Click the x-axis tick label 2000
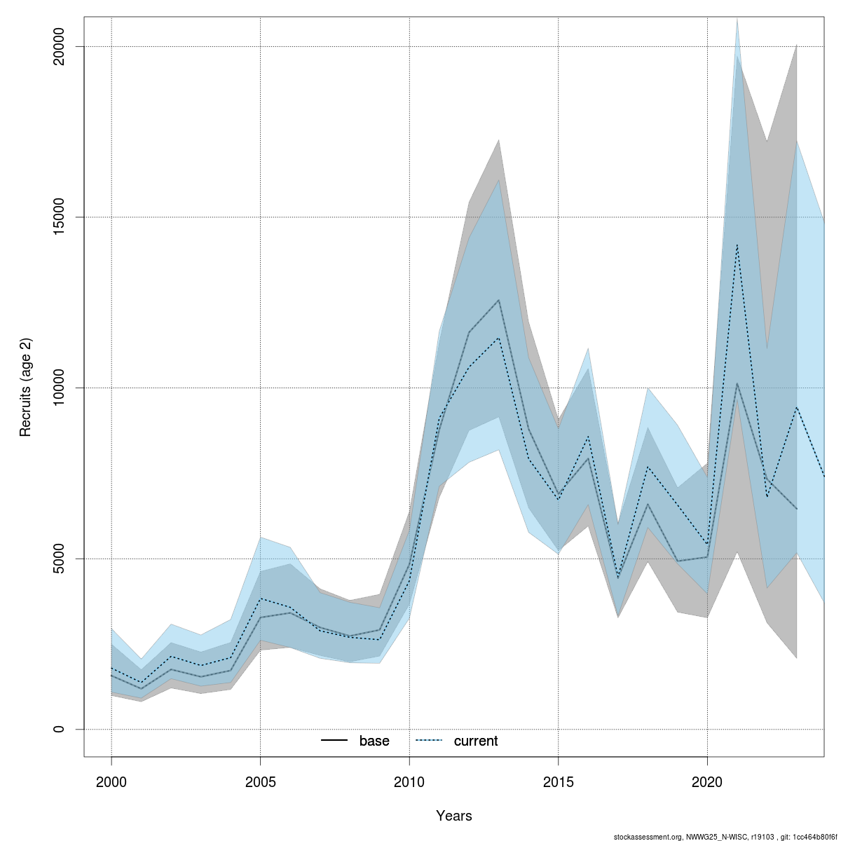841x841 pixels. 111,781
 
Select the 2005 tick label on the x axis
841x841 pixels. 261,781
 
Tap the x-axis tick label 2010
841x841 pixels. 409,781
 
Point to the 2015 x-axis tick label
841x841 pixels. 559,781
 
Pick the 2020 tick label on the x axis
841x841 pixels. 707,781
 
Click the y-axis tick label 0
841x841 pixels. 59,730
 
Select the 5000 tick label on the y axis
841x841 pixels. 59,559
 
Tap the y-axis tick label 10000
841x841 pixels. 59,388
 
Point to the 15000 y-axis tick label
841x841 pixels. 59,217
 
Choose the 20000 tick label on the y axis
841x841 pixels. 59,46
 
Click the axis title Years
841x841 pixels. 454,816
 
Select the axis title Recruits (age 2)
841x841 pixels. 26,388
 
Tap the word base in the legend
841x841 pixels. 374,741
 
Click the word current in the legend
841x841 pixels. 476,741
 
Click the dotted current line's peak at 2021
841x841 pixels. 737,245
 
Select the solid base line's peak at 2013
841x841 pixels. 499,300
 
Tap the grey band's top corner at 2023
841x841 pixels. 796,46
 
